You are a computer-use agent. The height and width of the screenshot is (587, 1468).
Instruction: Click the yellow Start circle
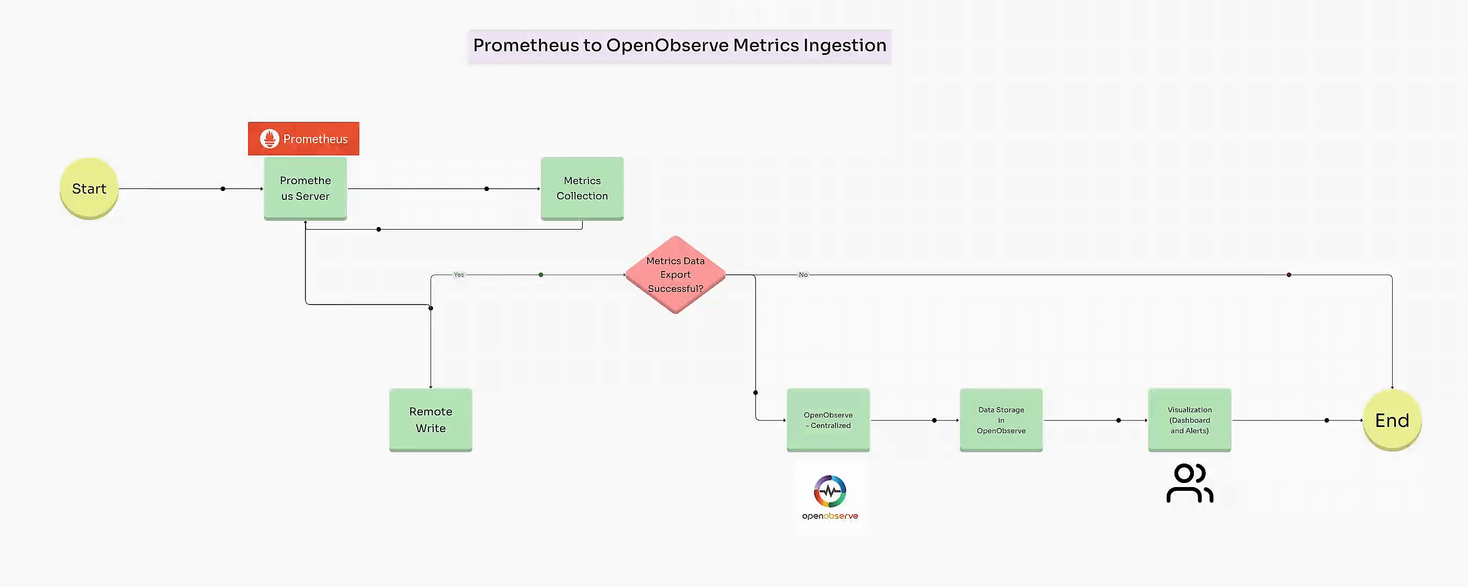(89, 189)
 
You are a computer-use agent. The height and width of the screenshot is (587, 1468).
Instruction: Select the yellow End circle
(1391, 420)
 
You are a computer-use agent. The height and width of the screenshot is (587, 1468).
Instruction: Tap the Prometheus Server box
(305, 188)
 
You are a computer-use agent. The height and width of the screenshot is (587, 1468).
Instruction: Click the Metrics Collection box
(582, 188)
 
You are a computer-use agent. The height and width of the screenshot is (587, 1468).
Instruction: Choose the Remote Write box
(430, 420)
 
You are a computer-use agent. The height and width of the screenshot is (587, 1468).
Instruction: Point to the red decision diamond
(675, 275)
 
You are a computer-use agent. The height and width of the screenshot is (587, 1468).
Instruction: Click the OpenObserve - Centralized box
(828, 420)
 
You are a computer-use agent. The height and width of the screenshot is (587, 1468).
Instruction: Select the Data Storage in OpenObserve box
(1001, 420)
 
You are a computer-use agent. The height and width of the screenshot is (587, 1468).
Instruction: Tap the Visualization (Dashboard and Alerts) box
(1189, 420)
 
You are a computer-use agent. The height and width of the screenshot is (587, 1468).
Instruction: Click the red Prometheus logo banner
(303, 139)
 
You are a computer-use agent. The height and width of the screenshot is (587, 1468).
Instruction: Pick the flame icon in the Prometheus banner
(269, 139)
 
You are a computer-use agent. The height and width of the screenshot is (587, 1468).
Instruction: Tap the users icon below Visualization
(1189, 483)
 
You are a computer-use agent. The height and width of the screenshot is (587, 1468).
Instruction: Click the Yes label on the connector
(459, 275)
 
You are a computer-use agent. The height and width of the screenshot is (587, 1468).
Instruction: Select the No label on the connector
(803, 275)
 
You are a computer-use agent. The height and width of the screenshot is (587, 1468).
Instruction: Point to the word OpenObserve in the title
(667, 45)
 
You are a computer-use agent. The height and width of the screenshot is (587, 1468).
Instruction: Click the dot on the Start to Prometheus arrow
(223, 189)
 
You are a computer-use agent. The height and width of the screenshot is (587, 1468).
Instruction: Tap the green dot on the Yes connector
(541, 275)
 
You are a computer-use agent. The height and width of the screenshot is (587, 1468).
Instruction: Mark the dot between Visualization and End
(1327, 420)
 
